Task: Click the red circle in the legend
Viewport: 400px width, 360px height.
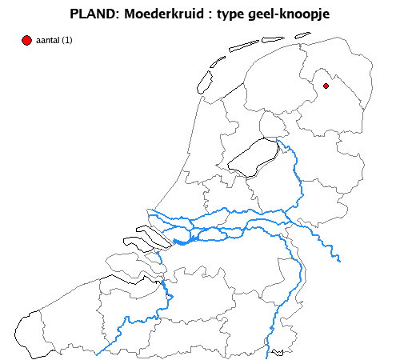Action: [26, 40]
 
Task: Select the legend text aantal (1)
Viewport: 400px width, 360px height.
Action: [54, 40]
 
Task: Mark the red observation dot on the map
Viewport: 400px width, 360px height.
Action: [326, 86]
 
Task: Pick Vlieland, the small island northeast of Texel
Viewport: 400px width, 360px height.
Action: [218, 64]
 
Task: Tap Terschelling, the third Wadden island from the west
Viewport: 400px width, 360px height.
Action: [243, 46]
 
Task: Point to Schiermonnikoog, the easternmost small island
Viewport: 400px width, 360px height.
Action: [302, 34]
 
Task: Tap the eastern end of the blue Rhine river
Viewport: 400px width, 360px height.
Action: [340, 260]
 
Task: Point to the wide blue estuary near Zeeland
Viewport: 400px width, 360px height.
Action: [183, 241]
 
